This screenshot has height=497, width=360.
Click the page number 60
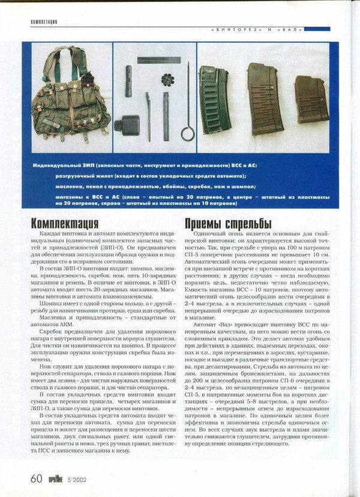tap(36, 478)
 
